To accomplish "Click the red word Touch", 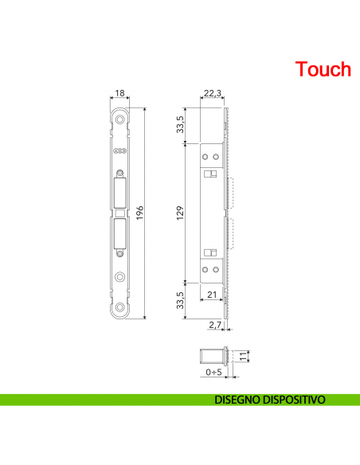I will point(323,69).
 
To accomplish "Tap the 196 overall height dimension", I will point(140,213).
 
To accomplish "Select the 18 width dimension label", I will point(120,94).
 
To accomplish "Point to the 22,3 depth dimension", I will point(210,94).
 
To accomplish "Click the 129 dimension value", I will point(179,213).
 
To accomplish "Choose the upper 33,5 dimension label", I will point(180,124).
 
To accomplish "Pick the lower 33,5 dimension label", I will point(180,301).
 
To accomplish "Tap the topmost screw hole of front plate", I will point(120,119).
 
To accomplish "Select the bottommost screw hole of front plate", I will point(120,307).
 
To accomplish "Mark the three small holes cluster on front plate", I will point(120,150).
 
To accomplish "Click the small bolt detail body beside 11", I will point(212,355).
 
